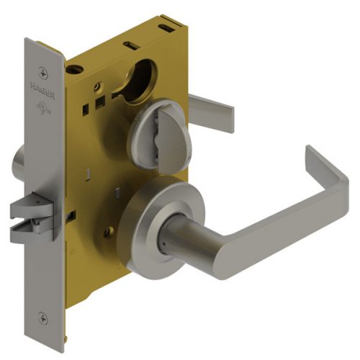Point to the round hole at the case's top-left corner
click(74, 70)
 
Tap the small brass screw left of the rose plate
click(109, 233)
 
